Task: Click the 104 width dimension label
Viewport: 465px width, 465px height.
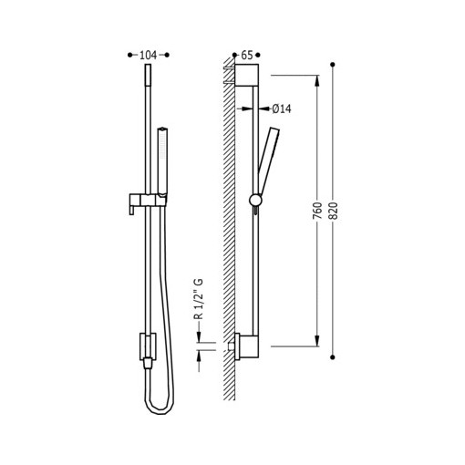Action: click(x=148, y=55)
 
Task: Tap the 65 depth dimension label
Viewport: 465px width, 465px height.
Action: click(x=247, y=55)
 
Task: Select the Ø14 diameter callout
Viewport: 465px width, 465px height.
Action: click(x=282, y=108)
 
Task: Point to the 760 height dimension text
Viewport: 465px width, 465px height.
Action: click(x=317, y=211)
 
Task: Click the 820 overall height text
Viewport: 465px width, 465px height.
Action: click(x=334, y=211)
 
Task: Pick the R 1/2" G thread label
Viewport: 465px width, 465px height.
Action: click(x=198, y=299)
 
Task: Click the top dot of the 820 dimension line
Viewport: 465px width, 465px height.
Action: click(x=333, y=65)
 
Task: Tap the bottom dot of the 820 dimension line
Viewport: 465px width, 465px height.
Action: click(x=333, y=357)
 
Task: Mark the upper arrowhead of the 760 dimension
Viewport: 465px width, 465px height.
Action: click(x=317, y=80)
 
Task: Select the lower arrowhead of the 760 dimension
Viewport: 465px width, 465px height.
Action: click(x=317, y=341)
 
